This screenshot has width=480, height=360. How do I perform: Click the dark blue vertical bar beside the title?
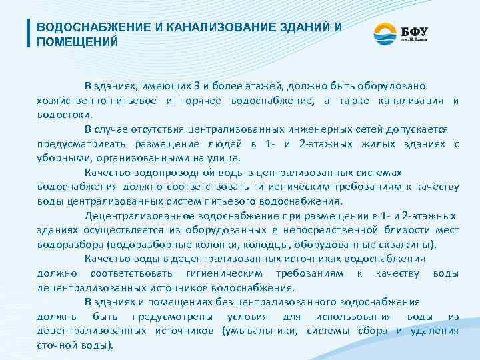(29, 33)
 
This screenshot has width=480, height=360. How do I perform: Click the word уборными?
(63, 158)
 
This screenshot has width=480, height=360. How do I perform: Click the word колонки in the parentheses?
(226, 244)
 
